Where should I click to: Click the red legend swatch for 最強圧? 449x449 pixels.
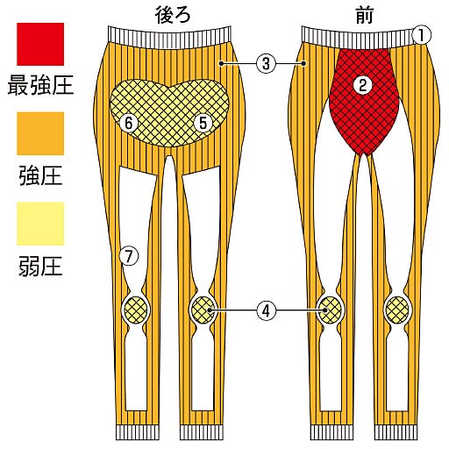(40, 44)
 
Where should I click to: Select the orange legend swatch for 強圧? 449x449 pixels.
(40, 133)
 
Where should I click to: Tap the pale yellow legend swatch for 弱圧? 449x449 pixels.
(40, 224)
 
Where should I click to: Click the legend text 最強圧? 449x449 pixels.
(40, 84)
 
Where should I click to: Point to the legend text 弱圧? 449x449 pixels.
(40, 267)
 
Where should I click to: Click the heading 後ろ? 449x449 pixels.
(173, 14)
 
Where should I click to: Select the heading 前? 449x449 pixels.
(364, 14)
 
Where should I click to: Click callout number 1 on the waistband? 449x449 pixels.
(422, 34)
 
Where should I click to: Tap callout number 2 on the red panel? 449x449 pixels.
(363, 85)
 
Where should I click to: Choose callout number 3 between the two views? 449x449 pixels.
(266, 63)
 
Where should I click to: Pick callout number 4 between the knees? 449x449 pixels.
(266, 310)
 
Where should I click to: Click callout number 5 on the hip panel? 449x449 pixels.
(203, 123)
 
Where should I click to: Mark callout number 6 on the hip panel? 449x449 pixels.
(129, 123)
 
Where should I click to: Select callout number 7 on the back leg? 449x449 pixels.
(129, 256)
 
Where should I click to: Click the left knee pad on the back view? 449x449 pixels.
(135, 310)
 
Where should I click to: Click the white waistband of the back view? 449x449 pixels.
(170, 36)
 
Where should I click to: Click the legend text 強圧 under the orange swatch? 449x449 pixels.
(40, 175)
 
